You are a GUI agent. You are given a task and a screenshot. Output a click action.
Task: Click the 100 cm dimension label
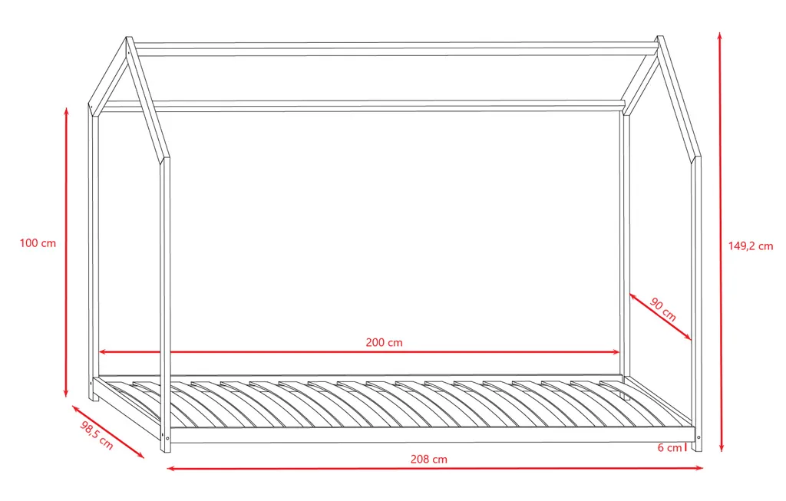[x=38, y=243]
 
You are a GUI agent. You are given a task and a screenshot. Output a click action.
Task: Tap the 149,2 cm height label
[x=751, y=246]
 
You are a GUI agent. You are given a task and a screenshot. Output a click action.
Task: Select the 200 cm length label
[x=384, y=343]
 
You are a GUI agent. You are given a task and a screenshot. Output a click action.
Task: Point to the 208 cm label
[x=428, y=459]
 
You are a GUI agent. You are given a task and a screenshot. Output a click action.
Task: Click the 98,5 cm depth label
[x=96, y=435]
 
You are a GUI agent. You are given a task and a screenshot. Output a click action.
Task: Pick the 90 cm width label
[x=662, y=309]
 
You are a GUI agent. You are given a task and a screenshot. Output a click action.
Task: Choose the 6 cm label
[x=669, y=447]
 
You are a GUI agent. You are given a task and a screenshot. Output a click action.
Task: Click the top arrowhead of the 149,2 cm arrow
[x=720, y=36]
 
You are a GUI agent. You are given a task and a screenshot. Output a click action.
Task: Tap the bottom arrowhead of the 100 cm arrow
[x=66, y=393]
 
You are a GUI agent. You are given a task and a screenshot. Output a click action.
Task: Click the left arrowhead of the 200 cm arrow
[x=103, y=351]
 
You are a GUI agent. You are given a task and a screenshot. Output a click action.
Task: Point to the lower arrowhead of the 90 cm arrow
[x=688, y=337]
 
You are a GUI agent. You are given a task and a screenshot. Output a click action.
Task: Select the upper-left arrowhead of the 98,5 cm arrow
[x=76, y=408]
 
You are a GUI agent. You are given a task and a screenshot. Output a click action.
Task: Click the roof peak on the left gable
[x=129, y=38]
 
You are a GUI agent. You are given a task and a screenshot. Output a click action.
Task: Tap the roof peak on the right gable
[x=660, y=38]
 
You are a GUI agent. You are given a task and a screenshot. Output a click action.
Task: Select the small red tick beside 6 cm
[x=685, y=447]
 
